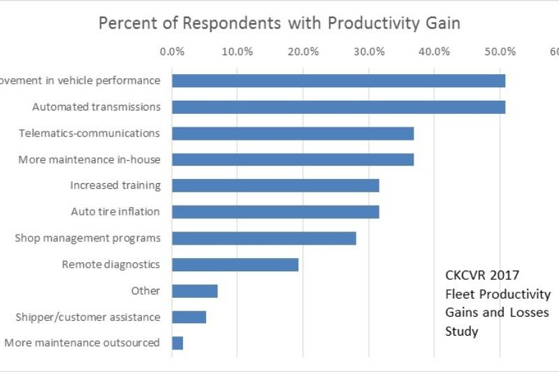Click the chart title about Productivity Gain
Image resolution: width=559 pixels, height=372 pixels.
coord(279,22)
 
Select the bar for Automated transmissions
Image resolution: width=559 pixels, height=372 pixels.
coord(338,107)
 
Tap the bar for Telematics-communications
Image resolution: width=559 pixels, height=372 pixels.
coord(293,133)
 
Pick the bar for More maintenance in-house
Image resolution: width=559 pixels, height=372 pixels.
coord(293,159)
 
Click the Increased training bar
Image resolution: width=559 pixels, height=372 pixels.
coord(275,185)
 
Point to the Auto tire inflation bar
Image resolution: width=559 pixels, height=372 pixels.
coord(275,212)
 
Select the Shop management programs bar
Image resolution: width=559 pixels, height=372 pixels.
coord(264,238)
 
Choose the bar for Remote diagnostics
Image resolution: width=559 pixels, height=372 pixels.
coord(235,264)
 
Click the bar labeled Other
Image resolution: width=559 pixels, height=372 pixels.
coord(195,291)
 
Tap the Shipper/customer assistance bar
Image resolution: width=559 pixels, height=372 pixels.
coord(189,317)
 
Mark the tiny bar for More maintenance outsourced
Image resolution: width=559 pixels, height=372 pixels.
coord(177,343)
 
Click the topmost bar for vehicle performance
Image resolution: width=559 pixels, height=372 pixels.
coord(338,80)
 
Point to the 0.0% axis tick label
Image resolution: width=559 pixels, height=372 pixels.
coord(172,51)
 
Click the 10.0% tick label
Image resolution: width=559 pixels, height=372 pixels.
coord(238,51)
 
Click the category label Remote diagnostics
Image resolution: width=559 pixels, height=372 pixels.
coord(111,264)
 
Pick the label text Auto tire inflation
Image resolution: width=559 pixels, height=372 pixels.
coord(115,212)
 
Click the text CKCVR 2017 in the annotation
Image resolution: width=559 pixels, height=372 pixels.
coord(481,275)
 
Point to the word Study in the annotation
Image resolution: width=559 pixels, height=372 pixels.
coord(461,331)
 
